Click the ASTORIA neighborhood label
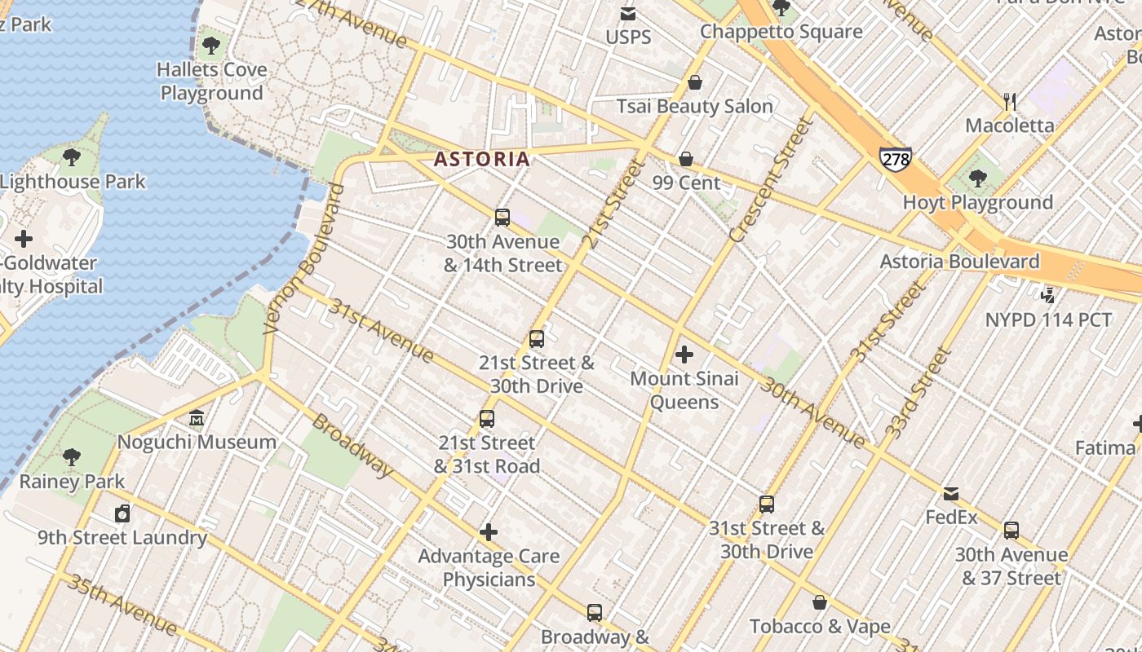(x=482, y=159)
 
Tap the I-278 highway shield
(x=895, y=158)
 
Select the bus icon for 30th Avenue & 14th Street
(x=502, y=218)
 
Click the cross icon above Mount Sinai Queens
(x=684, y=355)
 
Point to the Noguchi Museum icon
(x=197, y=419)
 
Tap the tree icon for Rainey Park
(x=72, y=457)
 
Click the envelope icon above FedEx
(x=951, y=494)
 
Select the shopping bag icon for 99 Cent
(x=686, y=159)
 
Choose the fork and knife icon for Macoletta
(x=1010, y=102)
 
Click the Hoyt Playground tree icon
(x=977, y=178)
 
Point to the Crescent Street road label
(x=771, y=181)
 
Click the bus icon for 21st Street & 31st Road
(x=487, y=419)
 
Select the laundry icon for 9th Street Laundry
(x=122, y=513)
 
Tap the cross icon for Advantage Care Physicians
(x=489, y=532)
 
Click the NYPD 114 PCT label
(x=1048, y=319)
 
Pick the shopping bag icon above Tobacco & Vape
(x=820, y=602)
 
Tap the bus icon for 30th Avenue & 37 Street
(x=1011, y=531)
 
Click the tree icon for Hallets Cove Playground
(x=211, y=46)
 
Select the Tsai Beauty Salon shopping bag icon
(x=695, y=82)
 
